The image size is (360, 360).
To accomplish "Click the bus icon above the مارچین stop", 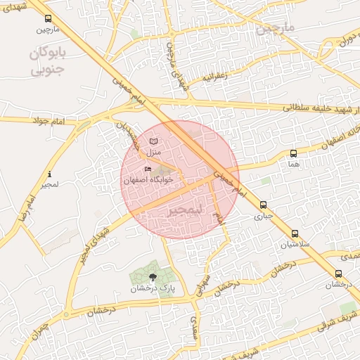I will (47, 19).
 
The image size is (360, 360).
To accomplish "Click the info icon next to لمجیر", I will (49, 174).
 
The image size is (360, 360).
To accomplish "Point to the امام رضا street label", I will (28, 211).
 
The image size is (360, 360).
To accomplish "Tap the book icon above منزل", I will (154, 142).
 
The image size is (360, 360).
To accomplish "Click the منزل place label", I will (154, 153).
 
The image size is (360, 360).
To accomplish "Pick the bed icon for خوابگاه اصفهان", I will (148, 169).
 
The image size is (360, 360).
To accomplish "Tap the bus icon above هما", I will (293, 153).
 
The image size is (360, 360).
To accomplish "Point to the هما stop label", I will (293, 163).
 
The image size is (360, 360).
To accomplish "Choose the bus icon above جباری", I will (263, 205).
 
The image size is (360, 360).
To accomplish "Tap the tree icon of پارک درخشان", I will (153, 276).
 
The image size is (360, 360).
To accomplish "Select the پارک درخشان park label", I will (152, 288).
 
